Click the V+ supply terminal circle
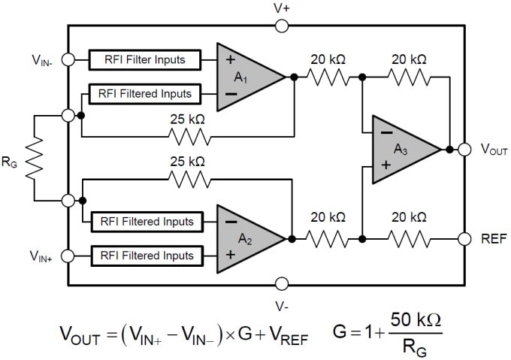click(282, 26)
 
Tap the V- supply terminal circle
click(282, 283)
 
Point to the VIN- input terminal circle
click(69, 59)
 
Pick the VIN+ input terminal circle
click(69, 256)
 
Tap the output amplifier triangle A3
click(402, 150)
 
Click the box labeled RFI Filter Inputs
click(147, 59)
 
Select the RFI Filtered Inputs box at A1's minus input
click(145, 95)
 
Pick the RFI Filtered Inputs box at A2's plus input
click(147, 256)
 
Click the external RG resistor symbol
click(34, 158)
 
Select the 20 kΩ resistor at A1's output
click(328, 77)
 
